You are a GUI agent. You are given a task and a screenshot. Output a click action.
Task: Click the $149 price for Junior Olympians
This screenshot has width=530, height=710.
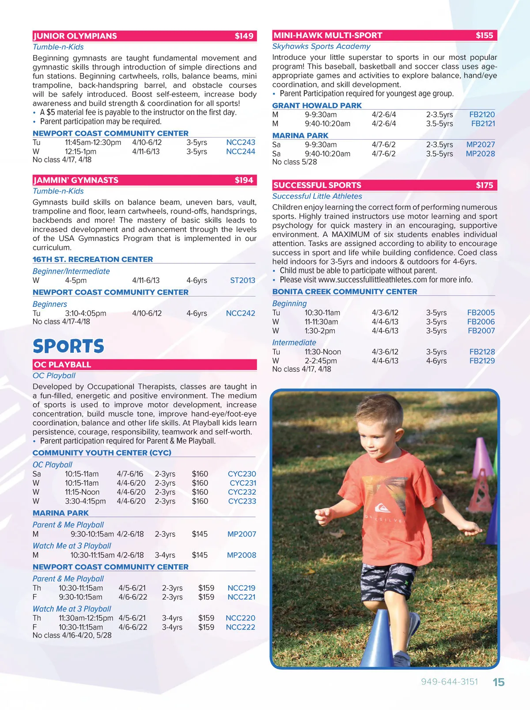[244, 36]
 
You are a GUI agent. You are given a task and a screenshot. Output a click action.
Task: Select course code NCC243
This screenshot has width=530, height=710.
[241, 142]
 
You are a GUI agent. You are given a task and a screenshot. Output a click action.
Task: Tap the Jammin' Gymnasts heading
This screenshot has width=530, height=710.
[76, 180]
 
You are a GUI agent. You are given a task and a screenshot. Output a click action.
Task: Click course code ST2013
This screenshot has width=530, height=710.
[242, 280]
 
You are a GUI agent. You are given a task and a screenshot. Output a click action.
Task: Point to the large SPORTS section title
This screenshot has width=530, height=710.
[68, 346]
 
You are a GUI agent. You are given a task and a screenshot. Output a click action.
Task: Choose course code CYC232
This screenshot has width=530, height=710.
[242, 492]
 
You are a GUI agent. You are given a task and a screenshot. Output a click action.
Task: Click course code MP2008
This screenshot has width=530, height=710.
[241, 555]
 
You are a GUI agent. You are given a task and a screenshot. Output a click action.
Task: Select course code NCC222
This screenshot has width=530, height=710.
[240, 627]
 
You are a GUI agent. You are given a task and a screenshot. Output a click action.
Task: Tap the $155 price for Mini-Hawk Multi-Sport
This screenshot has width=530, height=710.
[484, 35]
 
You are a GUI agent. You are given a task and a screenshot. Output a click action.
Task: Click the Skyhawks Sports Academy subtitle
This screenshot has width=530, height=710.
[321, 46]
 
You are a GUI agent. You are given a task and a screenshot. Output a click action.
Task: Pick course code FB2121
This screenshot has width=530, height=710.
[483, 123]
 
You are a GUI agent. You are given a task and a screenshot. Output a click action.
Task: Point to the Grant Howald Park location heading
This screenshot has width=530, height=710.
[317, 105]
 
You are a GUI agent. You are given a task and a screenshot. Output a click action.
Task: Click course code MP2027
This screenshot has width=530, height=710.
[481, 145]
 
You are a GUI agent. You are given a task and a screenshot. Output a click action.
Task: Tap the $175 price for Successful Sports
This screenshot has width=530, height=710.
[484, 185]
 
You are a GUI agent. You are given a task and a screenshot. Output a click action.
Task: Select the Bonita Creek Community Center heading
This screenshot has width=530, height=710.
[344, 292]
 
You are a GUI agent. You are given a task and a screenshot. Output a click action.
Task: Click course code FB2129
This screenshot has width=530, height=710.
[482, 361]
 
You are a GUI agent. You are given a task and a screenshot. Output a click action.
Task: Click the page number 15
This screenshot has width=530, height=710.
[499, 682]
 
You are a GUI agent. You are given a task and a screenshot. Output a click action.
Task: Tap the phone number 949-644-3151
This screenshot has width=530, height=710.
[449, 682]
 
